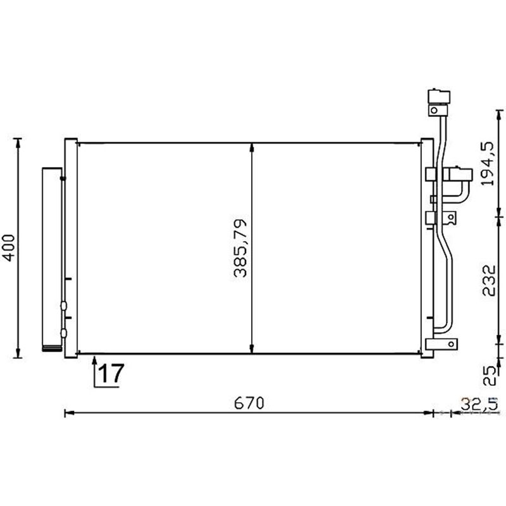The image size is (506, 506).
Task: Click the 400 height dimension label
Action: click(9, 248)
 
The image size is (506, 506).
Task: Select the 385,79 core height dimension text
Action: click(240, 248)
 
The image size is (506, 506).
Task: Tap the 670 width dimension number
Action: click(249, 403)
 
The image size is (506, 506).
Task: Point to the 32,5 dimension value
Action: click(479, 403)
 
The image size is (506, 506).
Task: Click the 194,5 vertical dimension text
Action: click(487, 164)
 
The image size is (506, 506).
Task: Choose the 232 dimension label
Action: click(488, 280)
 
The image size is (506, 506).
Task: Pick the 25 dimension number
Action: click(489, 375)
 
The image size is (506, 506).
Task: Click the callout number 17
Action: click(111, 373)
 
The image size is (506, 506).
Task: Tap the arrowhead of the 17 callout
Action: click(95, 360)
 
